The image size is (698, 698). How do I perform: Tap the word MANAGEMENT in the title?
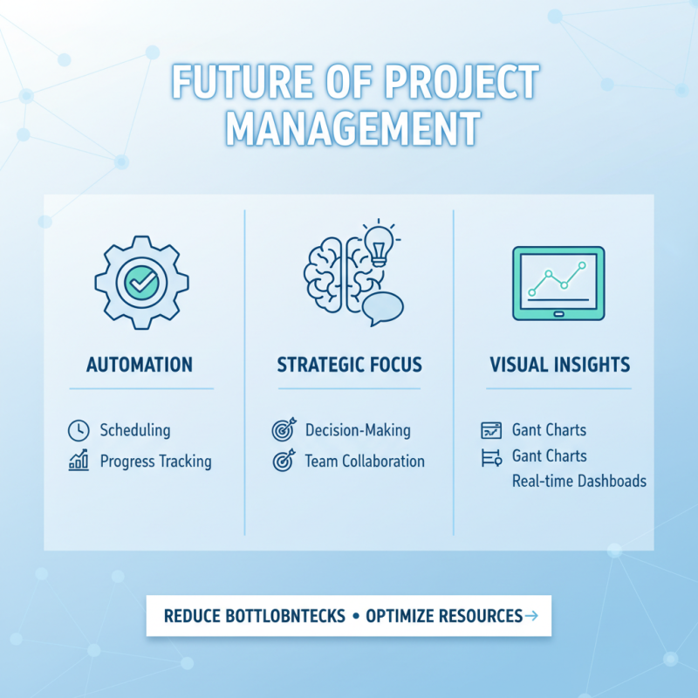pyautogui.click(x=352, y=128)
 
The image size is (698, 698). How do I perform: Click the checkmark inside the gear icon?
pyautogui.click(x=140, y=282)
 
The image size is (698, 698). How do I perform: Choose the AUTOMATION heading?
pyautogui.click(x=140, y=365)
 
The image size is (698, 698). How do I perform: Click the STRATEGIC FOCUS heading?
pyautogui.click(x=348, y=365)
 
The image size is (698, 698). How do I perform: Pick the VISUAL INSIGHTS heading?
pyautogui.click(x=559, y=365)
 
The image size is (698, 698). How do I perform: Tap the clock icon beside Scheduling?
pyautogui.click(x=79, y=430)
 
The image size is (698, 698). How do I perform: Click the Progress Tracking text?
pyautogui.click(x=155, y=461)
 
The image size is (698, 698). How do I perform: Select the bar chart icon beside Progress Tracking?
pyautogui.click(x=79, y=461)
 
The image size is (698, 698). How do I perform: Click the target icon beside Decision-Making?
pyautogui.click(x=284, y=430)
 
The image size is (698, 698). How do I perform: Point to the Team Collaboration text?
pyautogui.click(x=365, y=461)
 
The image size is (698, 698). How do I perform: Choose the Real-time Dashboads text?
pyautogui.click(x=579, y=481)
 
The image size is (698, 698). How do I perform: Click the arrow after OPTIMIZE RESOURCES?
pyautogui.click(x=532, y=616)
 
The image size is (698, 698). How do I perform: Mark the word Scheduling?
pyautogui.click(x=135, y=430)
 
